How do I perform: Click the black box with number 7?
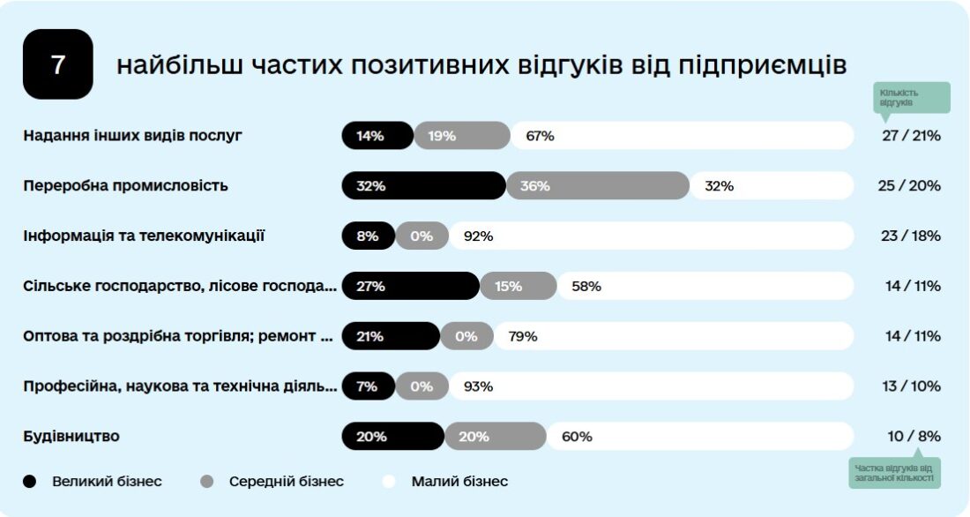(57, 64)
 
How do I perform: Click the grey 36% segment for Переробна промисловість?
(597, 186)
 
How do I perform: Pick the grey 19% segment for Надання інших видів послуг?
(461, 136)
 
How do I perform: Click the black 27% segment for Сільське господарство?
(410, 286)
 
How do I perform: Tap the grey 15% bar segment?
(518, 286)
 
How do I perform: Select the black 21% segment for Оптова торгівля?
(390, 336)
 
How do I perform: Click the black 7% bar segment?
(368, 386)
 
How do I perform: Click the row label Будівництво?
(71, 436)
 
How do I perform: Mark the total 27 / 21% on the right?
(911, 136)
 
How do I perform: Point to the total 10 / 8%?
(915, 436)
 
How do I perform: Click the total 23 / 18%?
(911, 236)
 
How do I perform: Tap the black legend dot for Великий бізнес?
(31, 482)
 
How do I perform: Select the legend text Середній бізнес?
(286, 482)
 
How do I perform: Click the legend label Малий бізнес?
(459, 482)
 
